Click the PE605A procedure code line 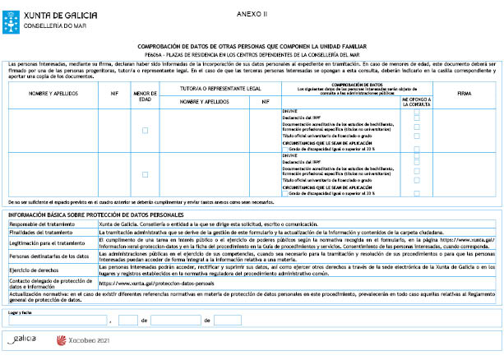pos(252,53)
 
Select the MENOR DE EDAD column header pos(146,95)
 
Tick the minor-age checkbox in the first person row pos(146,131)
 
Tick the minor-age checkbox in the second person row pos(146,174)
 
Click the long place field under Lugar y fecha pos(58,321)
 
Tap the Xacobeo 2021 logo pos(81,339)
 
